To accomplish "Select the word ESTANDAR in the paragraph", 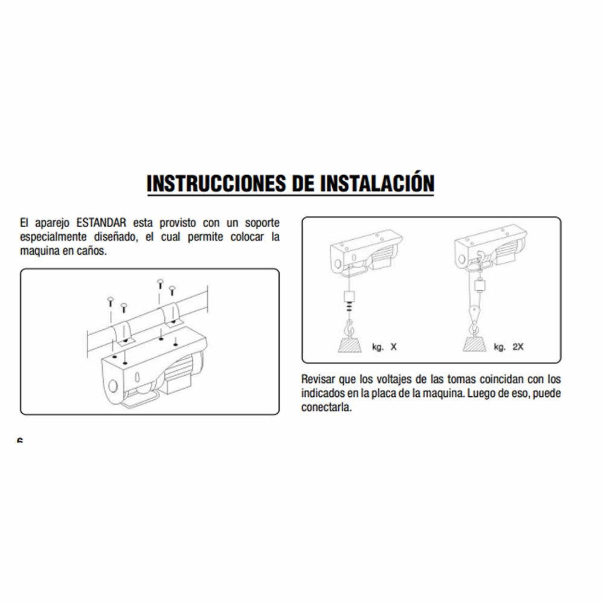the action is [101, 223].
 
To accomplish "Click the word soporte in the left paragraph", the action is [262, 223].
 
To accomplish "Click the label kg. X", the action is [384, 347].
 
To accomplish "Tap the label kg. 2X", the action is [509, 347].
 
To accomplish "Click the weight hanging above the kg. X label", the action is [350, 345].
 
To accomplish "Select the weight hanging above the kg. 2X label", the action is [474, 344].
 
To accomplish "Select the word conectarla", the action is [326, 407].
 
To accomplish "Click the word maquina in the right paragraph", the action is [442, 394].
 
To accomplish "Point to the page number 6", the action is [20, 440].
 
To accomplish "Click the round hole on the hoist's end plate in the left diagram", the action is [113, 386].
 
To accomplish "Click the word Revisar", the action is [318, 379].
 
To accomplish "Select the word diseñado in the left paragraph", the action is [115, 237].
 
